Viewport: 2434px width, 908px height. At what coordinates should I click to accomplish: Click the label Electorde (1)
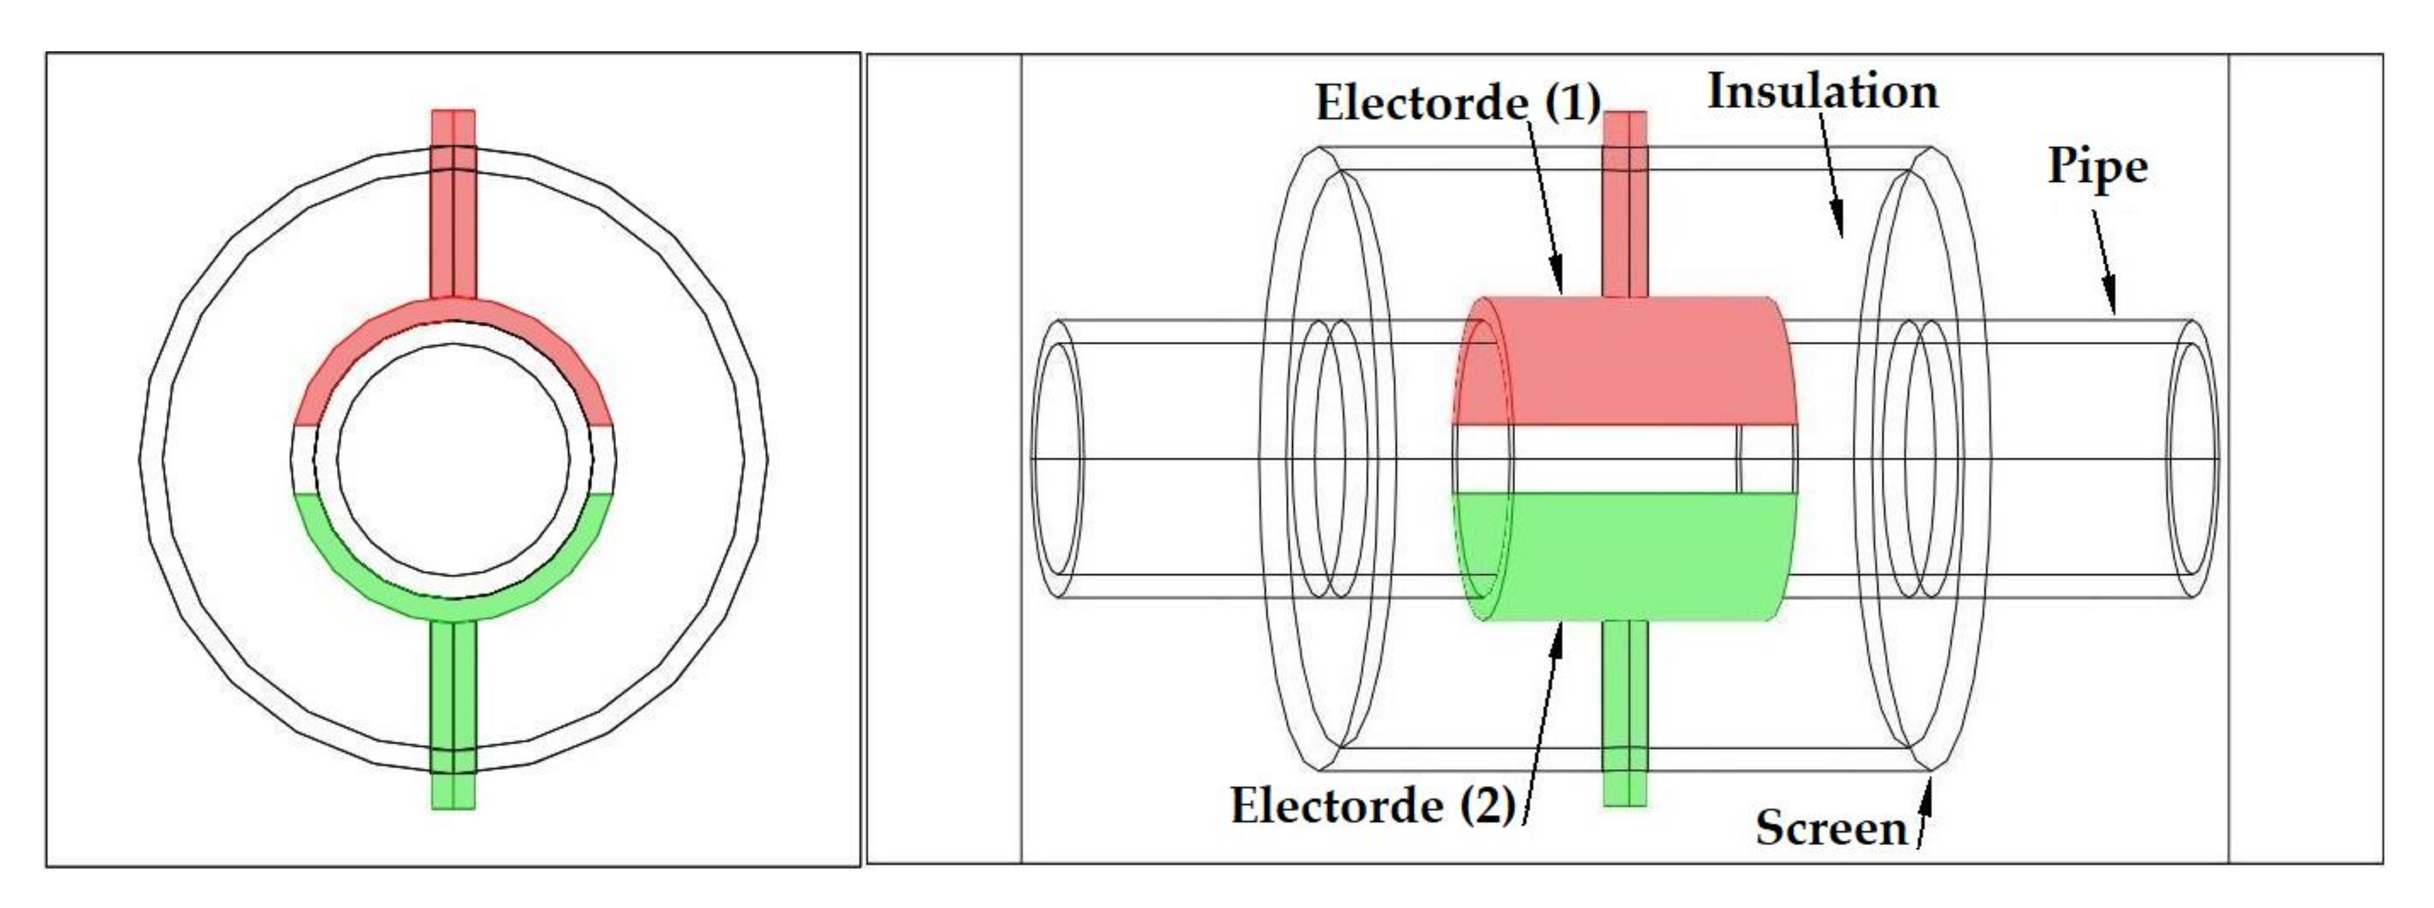[1457, 104]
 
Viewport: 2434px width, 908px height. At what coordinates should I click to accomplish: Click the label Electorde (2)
[1373, 807]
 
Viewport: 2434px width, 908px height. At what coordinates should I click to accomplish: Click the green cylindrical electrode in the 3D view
[1625, 557]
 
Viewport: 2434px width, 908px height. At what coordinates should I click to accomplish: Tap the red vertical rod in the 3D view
[1625, 203]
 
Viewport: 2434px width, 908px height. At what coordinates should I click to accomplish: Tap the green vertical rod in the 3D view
[1625, 713]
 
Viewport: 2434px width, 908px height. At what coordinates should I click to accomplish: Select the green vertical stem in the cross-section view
[453, 708]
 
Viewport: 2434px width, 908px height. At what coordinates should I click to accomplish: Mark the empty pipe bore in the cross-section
[453, 459]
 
